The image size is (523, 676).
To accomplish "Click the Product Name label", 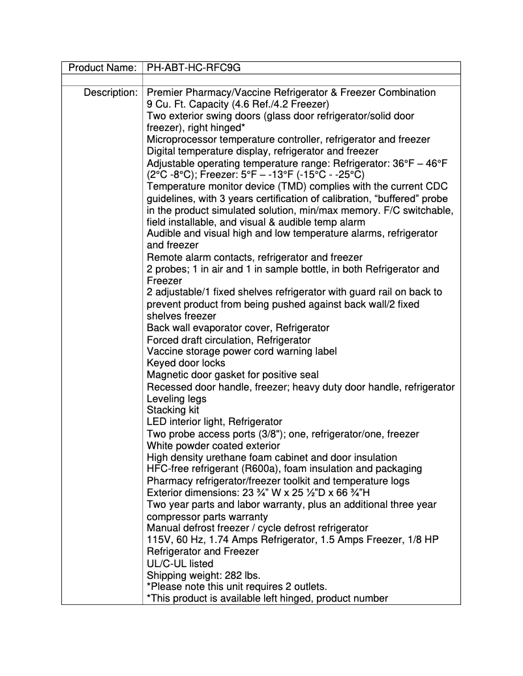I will coord(102,67).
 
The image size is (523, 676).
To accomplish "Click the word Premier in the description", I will coord(166,93).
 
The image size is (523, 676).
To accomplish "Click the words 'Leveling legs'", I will coord(177,398).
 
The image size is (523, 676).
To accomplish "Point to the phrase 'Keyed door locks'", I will coord(186,363).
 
